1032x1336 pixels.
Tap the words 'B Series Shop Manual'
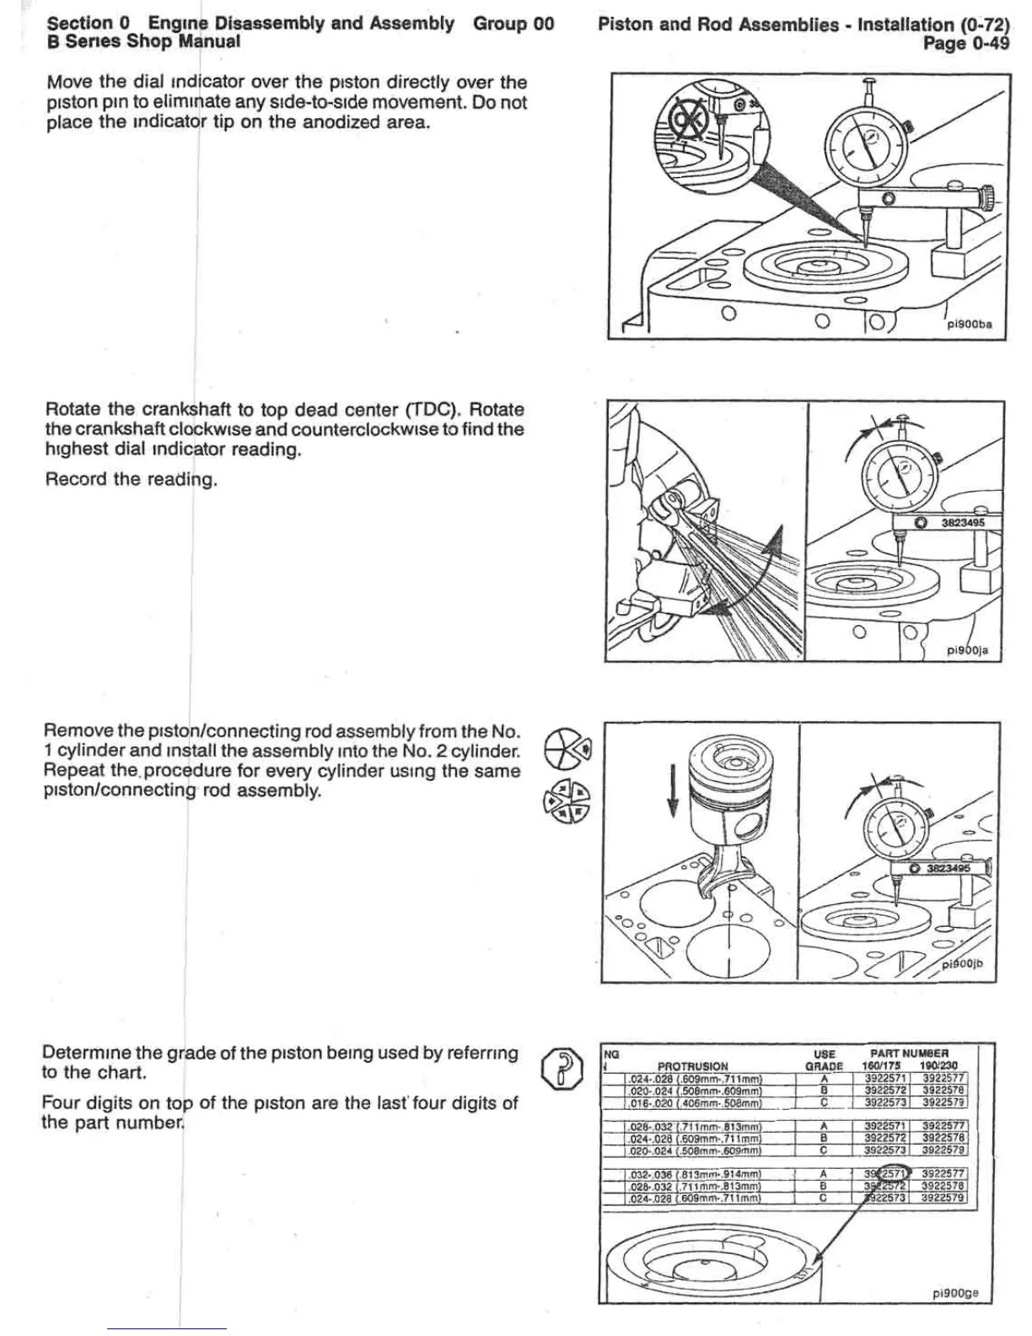click(x=143, y=41)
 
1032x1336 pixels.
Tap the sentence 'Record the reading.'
click(x=132, y=480)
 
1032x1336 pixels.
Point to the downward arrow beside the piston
click(x=672, y=790)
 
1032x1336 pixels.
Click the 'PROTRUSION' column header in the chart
click(x=692, y=1065)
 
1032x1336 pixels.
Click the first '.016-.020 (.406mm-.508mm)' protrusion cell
click(x=694, y=1102)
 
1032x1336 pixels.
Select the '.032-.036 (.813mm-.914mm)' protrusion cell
click(x=694, y=1174)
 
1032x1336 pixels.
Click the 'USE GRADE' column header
click(x=824, y=1059)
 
